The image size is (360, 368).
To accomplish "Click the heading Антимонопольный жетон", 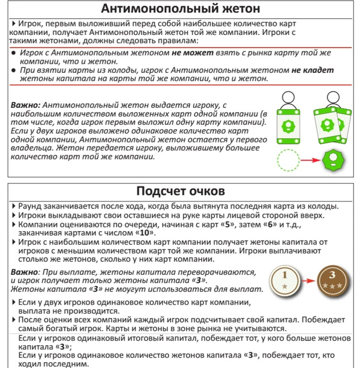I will coord(180,9).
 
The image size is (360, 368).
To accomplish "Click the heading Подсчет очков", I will coord(180,192).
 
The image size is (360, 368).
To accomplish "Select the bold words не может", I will coord(192,53).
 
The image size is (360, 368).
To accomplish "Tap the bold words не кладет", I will coord(313,70).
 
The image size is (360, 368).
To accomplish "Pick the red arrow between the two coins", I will coord(307,281).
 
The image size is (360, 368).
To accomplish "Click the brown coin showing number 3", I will coord(332,280).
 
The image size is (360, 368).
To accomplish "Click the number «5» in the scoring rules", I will coord(227,224).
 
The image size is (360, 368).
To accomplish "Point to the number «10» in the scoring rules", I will coord(145,233).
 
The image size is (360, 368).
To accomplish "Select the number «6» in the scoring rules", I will coord(271,224).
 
